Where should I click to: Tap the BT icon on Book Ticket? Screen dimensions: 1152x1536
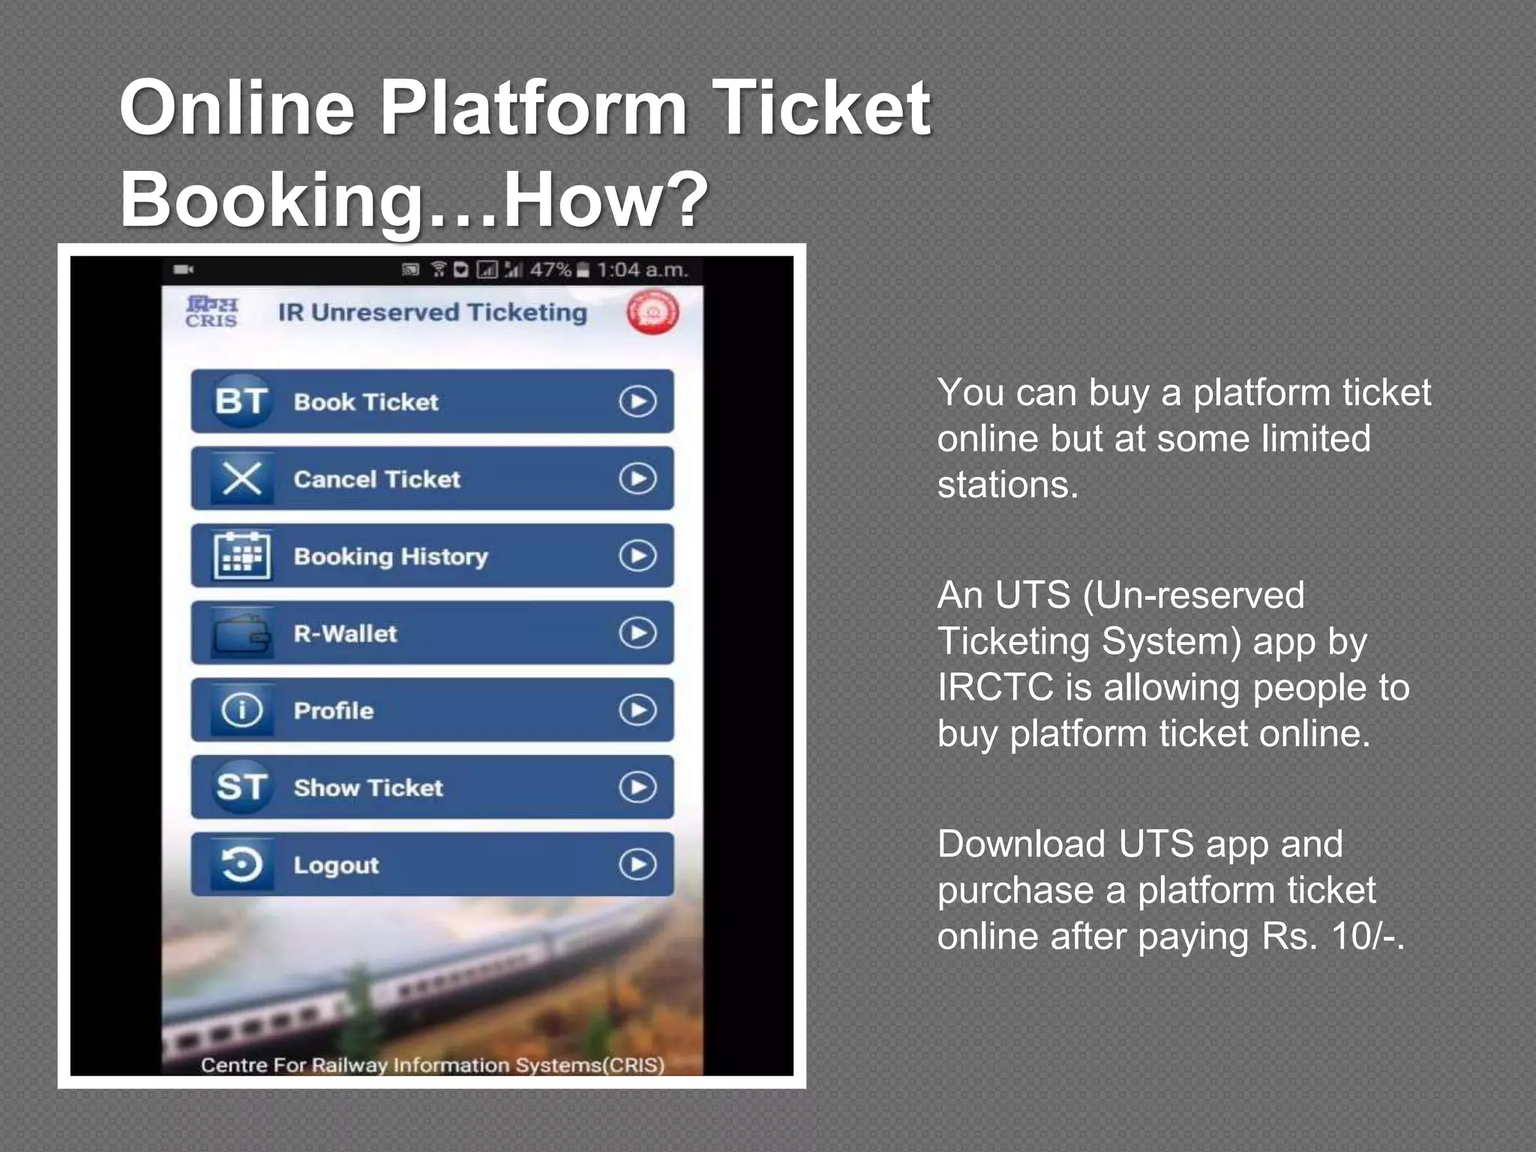[x=241, y=401]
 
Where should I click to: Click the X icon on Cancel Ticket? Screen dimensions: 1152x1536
[x=241, y=478]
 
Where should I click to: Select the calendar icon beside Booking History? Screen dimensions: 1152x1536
[x=241, y=556]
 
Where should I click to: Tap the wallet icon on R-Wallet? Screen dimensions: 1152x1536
[x=241, y=634]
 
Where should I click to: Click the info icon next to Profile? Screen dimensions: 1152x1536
[x=241, y=710]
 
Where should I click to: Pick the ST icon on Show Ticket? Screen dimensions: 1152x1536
[x=241, y=787]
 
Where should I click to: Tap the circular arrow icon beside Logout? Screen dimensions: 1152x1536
[x=241, y=865]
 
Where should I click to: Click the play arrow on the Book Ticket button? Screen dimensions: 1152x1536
[x=637, y=401]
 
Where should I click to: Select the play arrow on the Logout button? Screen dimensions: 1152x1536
[x=637, y=865]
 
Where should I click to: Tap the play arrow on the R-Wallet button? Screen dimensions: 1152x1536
[x=637, y=633]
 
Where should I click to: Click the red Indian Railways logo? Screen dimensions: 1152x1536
[x=652, y=312]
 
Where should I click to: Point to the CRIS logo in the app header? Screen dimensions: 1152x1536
[x=211, y=312]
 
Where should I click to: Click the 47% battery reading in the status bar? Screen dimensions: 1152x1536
[x=550, y=270]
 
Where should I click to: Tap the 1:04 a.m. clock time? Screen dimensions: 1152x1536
[x=642, y=270]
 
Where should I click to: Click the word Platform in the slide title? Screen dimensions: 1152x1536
[x=533, y=109]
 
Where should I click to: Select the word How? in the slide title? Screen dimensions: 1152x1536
[x=604, y=199]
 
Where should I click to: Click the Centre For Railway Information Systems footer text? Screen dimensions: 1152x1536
[x=432, y=1065]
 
